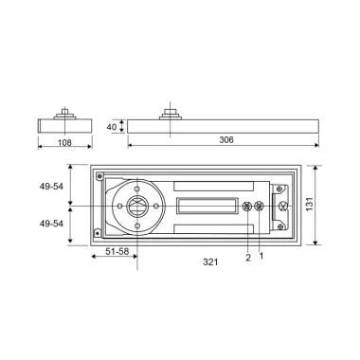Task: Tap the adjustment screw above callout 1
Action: pos(260,207)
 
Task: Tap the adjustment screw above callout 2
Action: pos(248,207)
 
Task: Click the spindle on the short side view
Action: pos(63,112)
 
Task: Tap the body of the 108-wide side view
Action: pos(63,125)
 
